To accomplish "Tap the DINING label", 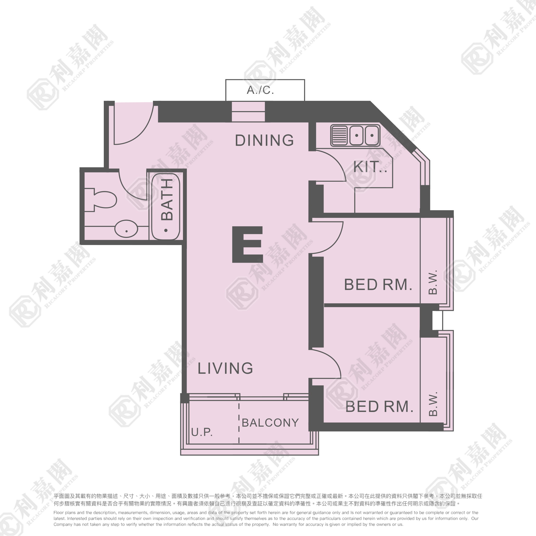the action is (x=264, y=140).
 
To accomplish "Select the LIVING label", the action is (x=225, y=368).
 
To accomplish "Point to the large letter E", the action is (x=247, y=244).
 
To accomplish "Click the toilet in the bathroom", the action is (x=100, y=200).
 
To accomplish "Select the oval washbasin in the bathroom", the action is (x=126, y=229).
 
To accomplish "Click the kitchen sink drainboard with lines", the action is (x=339, y=135).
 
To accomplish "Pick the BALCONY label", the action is (x=270, y=423).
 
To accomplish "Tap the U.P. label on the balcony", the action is (x=202, y=432).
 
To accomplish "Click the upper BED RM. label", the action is (x=378, y=285).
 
